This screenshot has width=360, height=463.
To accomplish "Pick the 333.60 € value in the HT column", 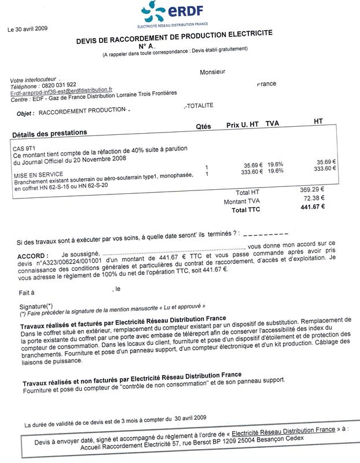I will tap(325, 168).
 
